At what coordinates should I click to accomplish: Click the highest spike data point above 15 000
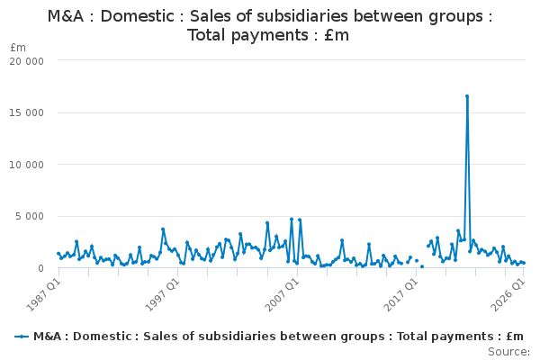click(467, 96)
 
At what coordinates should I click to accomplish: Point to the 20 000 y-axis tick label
click(26, 61)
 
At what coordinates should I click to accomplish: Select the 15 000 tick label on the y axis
click(26, 113)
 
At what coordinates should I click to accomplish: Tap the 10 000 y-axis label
click(26, 165)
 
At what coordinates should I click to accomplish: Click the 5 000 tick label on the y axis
click(30, 216)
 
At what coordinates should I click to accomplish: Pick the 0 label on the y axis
click(40, 268)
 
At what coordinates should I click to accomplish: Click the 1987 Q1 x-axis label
click(44, 294)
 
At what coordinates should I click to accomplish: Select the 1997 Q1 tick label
click(163, 294)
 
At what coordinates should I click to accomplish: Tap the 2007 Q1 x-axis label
click(283, 294)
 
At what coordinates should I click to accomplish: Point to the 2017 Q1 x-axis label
click(401, 294)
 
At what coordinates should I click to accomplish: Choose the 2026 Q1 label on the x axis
click(508, 294)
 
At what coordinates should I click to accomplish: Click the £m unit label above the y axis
click(18, 48)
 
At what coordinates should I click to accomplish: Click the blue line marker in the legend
click(22, 337)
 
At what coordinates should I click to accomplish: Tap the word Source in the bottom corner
click(508, 352)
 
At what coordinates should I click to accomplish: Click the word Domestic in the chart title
click(137, 16)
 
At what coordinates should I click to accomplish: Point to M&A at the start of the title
click(66, 16)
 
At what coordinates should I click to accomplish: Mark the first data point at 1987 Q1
click(58, 254)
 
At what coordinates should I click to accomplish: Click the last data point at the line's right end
click(524, 263)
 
